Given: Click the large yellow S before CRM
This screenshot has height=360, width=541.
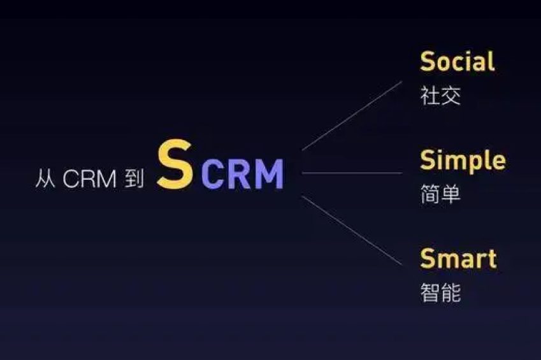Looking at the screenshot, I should (175, 165).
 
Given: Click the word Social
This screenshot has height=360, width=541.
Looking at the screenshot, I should (457, 62).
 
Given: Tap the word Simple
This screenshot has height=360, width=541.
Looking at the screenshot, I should (463, 161).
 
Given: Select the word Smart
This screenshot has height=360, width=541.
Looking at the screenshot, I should (458, 259).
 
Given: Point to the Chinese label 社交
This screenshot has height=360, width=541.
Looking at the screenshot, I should (440, 96).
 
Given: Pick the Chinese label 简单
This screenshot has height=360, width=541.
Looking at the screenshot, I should (440, 194).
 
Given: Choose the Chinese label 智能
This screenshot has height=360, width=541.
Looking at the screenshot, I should (440, 292).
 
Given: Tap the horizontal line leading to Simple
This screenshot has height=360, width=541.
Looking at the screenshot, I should (352, 173).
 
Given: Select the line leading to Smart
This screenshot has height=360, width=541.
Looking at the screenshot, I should (352, 230).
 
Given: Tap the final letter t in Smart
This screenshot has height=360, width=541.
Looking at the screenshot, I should (491, 259).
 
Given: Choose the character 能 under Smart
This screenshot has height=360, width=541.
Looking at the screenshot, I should (451, 292).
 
